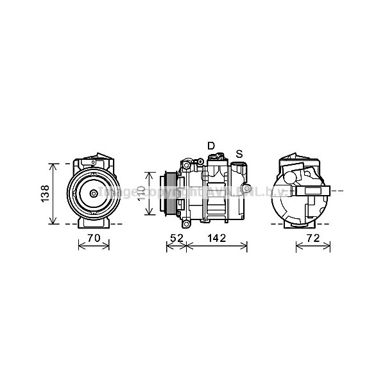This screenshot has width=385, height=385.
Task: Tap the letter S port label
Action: [x=239, y=153]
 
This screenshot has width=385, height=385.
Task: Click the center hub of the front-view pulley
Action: [x=94, y=193]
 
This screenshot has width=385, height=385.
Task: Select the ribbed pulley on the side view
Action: [x=168, y=193]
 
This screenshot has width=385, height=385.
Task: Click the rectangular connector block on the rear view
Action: [x=314, y=191]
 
